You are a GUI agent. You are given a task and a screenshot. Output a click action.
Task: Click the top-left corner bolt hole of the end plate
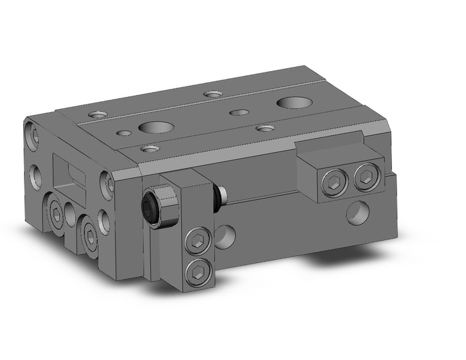click(x=31, y=133)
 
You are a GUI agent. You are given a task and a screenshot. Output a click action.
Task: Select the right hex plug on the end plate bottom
click(x=90, y=236)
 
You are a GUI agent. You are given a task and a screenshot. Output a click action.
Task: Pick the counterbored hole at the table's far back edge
click(x=213, y=94)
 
